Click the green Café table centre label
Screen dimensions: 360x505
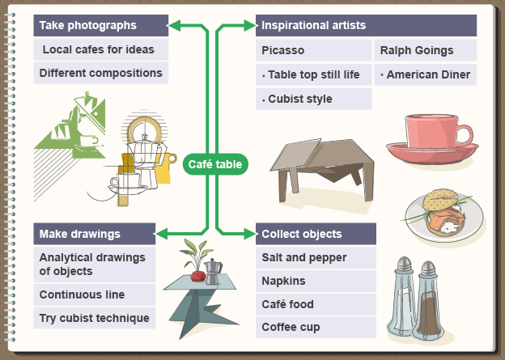215,164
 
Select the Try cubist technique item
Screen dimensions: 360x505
94,318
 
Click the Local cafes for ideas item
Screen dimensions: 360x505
100,49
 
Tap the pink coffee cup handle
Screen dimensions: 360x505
463,135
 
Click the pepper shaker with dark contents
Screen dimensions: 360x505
428,303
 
